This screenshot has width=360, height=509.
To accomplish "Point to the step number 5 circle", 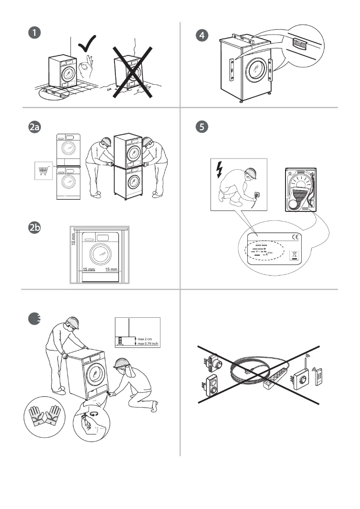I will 203,127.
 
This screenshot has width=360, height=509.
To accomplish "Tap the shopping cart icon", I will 44,171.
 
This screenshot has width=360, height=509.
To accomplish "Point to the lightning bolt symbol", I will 220,169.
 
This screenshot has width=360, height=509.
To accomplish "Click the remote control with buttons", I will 320,376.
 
